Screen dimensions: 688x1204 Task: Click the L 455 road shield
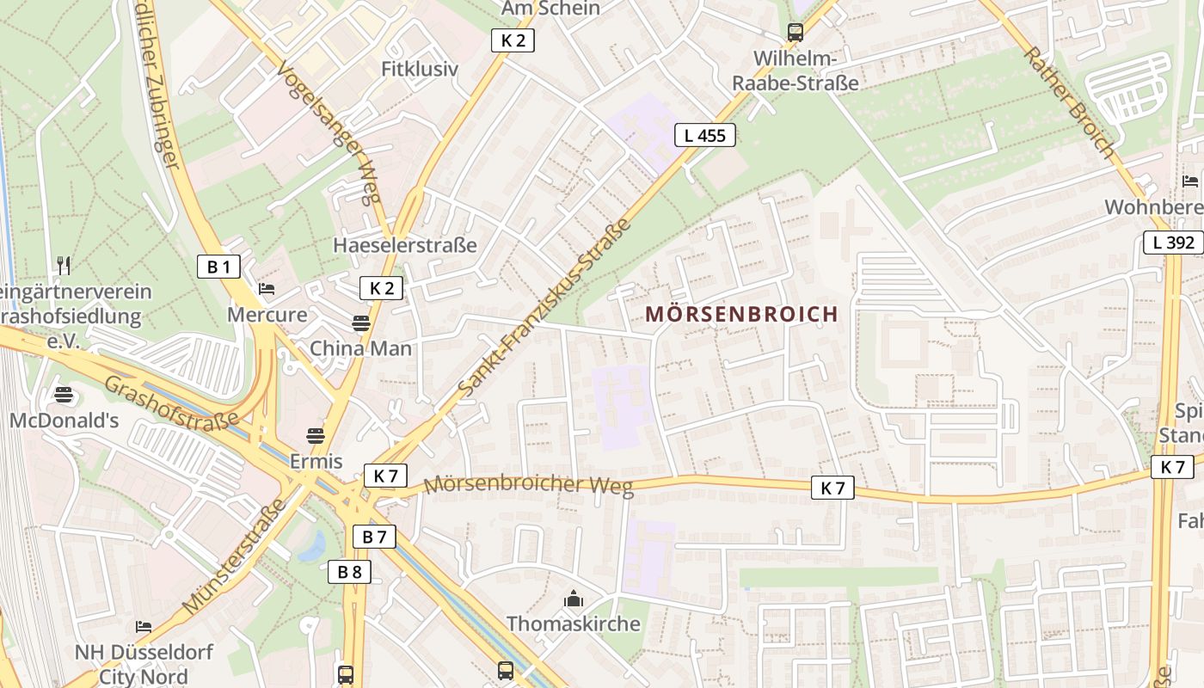[704, 135]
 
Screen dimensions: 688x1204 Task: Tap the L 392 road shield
[1172, 243]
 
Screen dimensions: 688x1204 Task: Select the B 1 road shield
[218, 267]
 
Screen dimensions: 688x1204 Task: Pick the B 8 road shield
[349, 572]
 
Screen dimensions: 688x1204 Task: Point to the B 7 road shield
[374, 537]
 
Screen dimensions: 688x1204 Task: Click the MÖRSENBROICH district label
[741, 314]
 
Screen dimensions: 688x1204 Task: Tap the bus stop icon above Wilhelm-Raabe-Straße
[795, 33]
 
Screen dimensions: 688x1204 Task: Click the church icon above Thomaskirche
[573, 599]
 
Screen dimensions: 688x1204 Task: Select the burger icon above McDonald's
[64, 396]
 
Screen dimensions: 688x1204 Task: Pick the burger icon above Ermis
[316, 436]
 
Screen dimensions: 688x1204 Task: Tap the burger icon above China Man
[361, 323]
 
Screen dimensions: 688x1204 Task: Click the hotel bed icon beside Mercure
[267, 288]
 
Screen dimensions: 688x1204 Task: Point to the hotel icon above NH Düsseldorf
[143, 627]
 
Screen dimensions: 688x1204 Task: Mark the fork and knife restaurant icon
[63, 264]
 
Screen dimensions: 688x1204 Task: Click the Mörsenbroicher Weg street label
[528, 485]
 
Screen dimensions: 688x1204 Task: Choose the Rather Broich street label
[1069, 101]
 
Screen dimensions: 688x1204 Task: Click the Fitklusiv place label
[420, 69]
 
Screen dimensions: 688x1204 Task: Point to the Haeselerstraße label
[404, 245]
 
